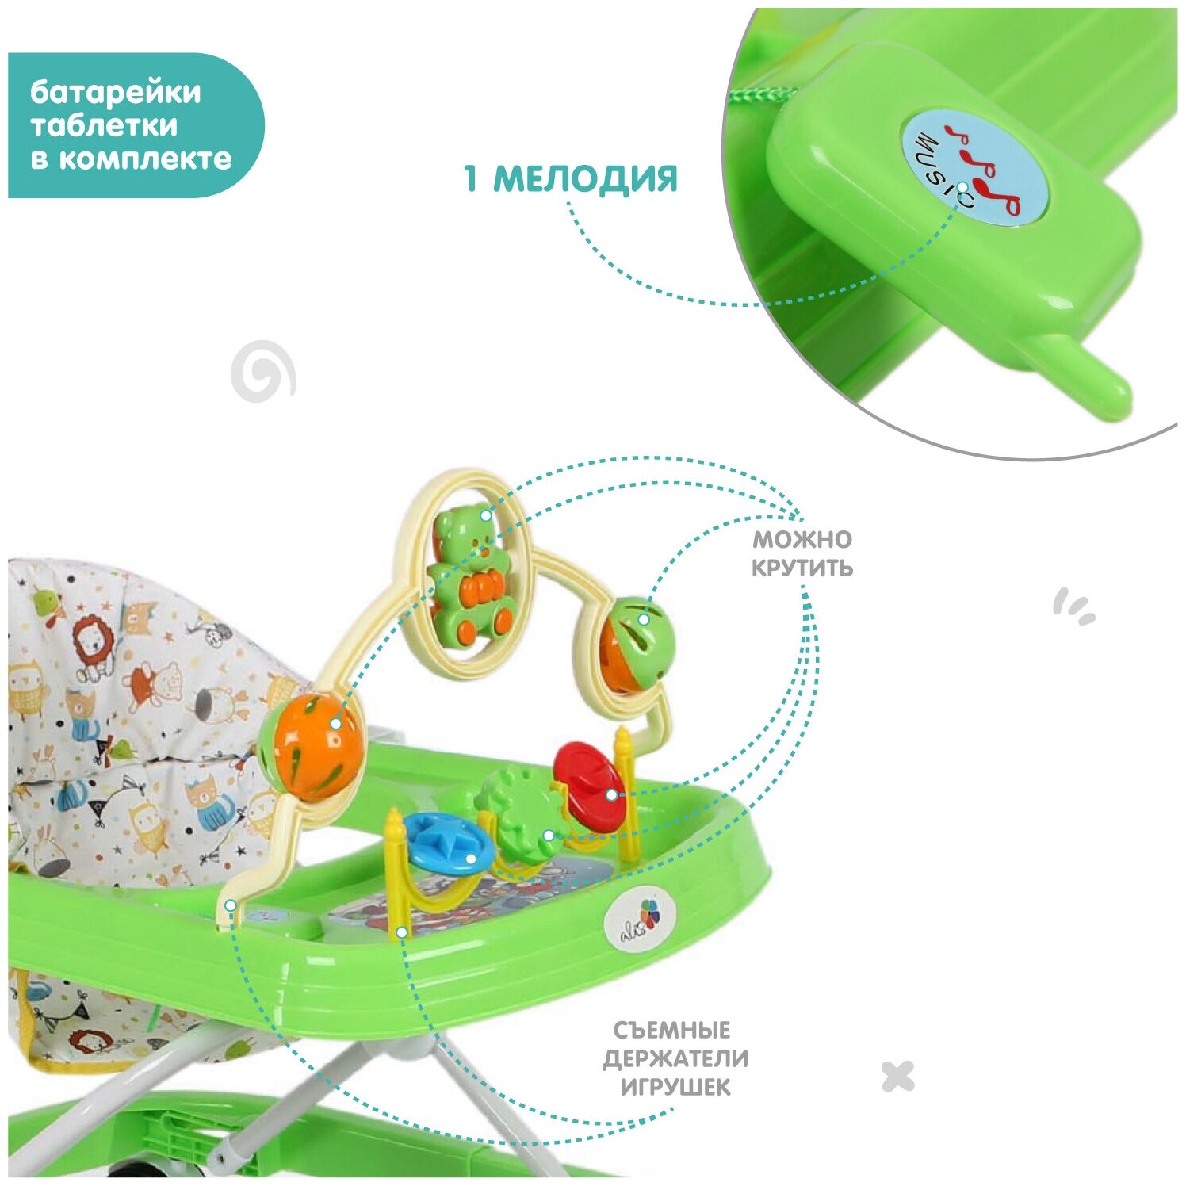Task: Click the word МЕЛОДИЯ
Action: click(x=585, y=179)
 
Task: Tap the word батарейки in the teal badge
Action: click(x=116, y=92)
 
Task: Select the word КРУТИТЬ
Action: click(x=802, y=568)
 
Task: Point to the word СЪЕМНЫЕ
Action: click(x=672, y=1030)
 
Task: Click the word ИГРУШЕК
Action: click(x=675, y=1086)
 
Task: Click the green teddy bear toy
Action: click(x=470, y=575)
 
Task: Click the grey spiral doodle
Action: click(x=262, y=370)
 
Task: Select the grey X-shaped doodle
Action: click(x=897, y=1076)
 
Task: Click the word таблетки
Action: click(x=104, y=125)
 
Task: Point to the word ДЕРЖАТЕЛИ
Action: click(x=675, y=1058)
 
